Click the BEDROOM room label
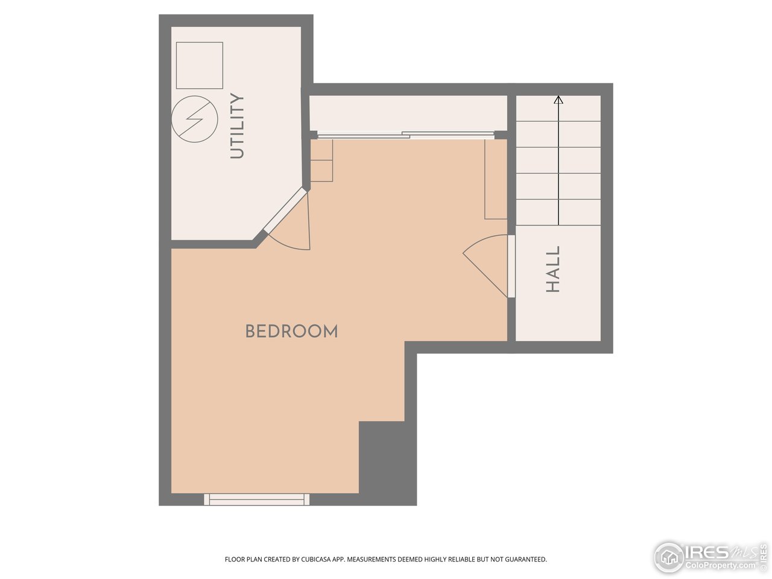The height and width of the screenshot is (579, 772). (291, 331)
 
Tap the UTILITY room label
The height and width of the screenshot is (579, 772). (238, 126)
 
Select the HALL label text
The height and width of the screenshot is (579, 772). (553, 269)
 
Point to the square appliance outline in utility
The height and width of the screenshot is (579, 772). (200, 65)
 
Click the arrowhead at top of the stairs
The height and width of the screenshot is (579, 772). (558, 100)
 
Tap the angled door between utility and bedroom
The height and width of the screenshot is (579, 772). (286, 210)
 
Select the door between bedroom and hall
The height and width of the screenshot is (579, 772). (511, 266)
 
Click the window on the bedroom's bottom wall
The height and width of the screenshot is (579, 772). (256, 499)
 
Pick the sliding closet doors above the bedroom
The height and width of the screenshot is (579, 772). (406, 135)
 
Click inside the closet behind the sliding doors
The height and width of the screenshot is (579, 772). (408, 112)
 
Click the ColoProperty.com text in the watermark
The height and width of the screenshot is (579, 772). (719, 566)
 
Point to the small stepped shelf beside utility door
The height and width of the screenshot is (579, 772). (321, 161)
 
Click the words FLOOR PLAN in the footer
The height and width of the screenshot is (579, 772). (239, 560)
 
